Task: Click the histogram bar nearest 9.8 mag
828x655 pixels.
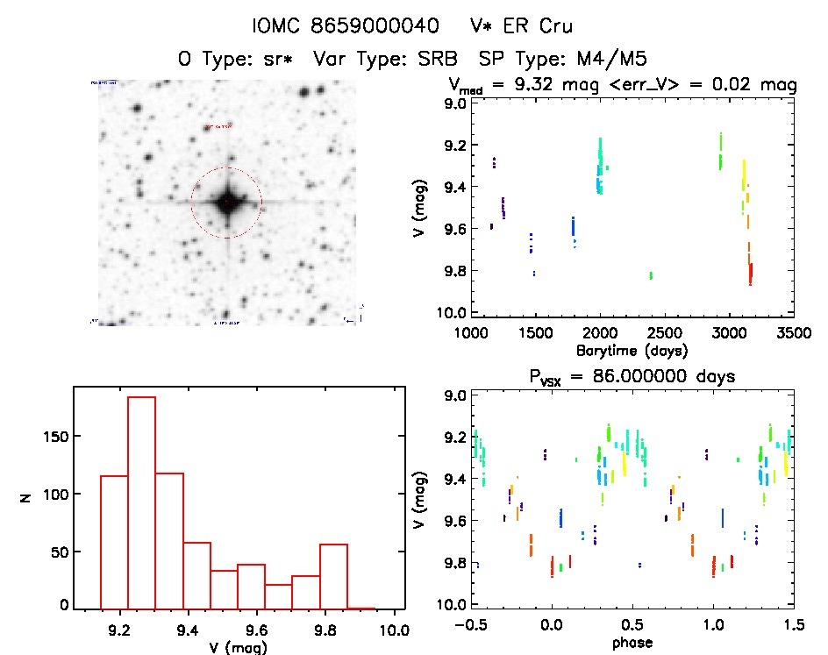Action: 333,576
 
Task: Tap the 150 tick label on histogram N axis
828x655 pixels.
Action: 57,437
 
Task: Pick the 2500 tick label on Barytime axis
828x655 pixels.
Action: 665,334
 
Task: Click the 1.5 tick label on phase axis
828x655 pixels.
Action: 793,626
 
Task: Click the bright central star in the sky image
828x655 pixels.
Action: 226,203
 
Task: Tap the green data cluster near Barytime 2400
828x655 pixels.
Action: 651,275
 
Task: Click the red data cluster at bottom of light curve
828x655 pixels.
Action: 751,274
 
